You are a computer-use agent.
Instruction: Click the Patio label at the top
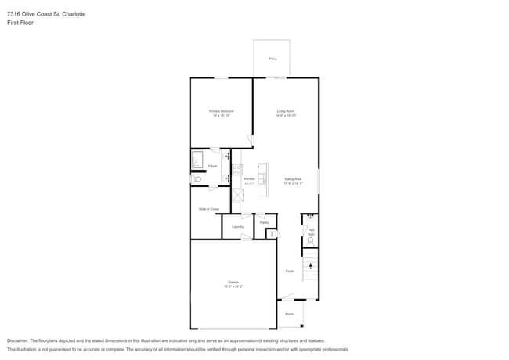coord(273,59)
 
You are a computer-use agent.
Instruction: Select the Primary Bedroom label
coord(220,112)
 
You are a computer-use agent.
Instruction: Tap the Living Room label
coord(285,112)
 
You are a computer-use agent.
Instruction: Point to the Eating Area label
coord(293,180)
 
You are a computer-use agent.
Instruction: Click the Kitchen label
coord(249,179)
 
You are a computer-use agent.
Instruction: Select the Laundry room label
coord(237,227)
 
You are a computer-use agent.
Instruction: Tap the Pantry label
coord(265,222)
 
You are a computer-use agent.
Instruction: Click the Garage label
coord(233,282)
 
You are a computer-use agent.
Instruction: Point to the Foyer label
coord(289,271)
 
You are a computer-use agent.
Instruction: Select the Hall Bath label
coord(311,232)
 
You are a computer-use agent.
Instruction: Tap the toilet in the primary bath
coord(197,180)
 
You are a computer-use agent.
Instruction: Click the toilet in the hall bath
coord(311,241)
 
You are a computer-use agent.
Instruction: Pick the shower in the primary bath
coord(198,160)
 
